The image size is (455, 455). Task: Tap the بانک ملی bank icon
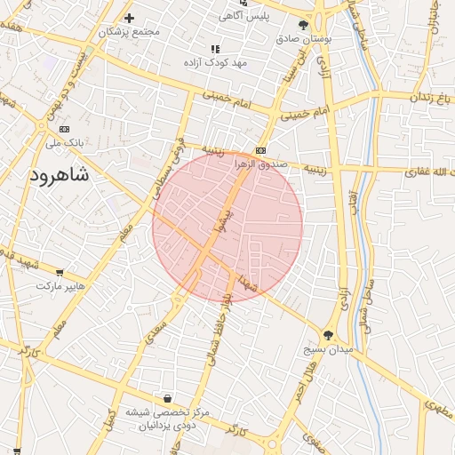click(50, 129)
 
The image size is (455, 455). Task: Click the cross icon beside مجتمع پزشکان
click(129, 18)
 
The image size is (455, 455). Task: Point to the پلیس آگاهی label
click(245, 16)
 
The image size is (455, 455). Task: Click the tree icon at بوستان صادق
click(304, 25)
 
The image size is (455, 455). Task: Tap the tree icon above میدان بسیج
click(328, 335)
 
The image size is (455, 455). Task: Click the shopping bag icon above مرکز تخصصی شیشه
click(168, 399)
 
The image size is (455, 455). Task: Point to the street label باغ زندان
click(430, 97)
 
